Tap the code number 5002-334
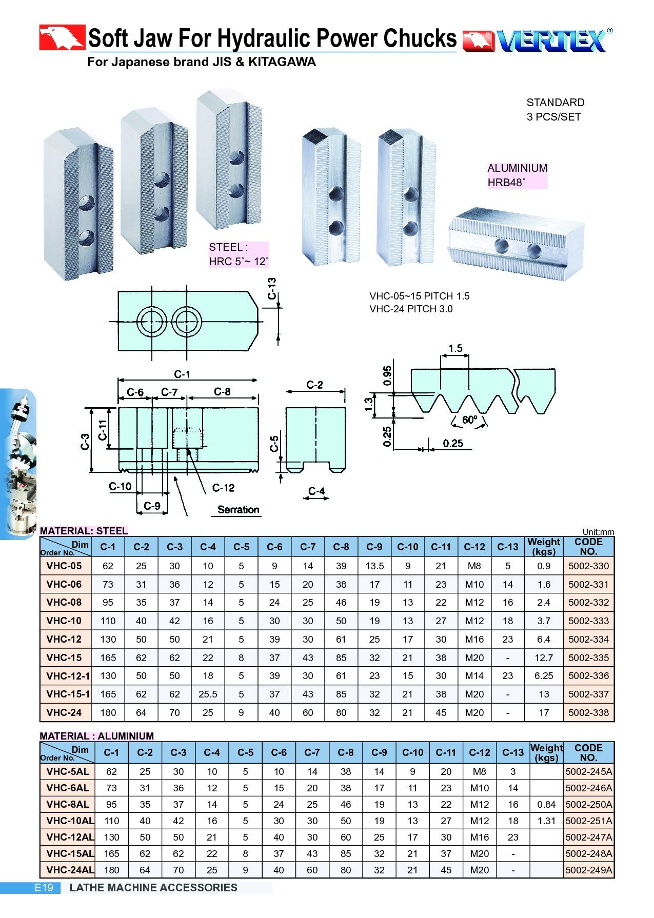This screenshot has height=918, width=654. tap(588, 639)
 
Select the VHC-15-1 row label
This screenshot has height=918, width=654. tap(68, 694)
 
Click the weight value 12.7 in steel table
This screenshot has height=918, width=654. tap(544, 657)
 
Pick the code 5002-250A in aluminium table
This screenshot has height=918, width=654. tap(588, 804)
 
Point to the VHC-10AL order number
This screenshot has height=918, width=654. tap(70, 821)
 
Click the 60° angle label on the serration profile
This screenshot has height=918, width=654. tap(469, 420)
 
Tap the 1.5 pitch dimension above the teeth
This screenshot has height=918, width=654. tap(455, 349)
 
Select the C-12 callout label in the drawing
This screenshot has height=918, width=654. tap(223, 488)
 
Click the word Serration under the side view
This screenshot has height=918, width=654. tap(238, 510)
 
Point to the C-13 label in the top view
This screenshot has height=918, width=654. tap(272, 289)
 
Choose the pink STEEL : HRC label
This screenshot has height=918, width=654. tap(238, 254)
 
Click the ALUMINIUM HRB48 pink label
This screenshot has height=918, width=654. tap(517, 175)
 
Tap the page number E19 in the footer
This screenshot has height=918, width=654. tap(44, 888)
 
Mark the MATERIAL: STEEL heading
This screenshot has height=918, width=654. tap(84, 531)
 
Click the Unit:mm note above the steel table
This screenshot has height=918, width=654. tap(598, 532)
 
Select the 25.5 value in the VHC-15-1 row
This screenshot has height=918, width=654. tap(208, 694)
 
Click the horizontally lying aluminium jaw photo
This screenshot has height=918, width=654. tap(516, 244)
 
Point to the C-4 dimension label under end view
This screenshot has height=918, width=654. tap(316, 491)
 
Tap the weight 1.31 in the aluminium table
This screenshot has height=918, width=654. tap(546, 821)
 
